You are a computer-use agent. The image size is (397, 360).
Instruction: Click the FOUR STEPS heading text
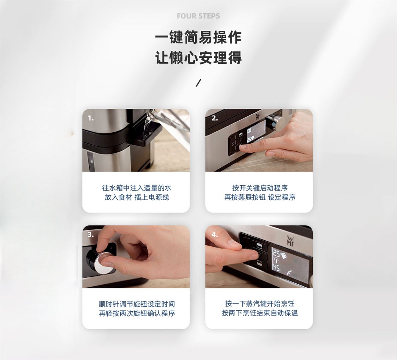coord(198,16)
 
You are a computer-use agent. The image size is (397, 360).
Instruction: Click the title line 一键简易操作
coord(198,37)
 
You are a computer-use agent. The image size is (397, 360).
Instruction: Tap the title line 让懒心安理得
coord(198,58)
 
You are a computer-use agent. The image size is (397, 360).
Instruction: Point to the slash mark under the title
coord(198,83)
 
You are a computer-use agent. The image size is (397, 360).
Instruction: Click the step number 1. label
coord(91,118)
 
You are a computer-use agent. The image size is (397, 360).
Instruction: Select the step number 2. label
coord(214,118)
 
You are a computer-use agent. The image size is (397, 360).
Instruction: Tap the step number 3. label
coord(91,234)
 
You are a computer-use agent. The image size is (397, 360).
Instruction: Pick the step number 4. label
coord(215,235)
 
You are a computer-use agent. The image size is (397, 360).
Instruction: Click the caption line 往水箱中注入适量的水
coord(137,188)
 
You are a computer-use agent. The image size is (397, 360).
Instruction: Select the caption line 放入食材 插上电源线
coord(137,197)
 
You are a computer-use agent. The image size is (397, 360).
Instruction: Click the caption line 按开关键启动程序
coord(260,188)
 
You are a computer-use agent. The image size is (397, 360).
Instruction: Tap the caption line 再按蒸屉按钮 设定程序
coord(260,197)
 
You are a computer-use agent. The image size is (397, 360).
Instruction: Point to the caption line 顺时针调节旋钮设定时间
coord(137,304)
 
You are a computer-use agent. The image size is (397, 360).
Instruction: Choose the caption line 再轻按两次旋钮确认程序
coord(137,313)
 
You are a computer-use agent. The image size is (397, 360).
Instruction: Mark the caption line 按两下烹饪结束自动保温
coord(260,313)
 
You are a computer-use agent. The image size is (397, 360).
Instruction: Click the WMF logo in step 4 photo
coord(290,240)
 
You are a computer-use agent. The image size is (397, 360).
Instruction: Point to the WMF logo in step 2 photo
coord(258,116)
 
